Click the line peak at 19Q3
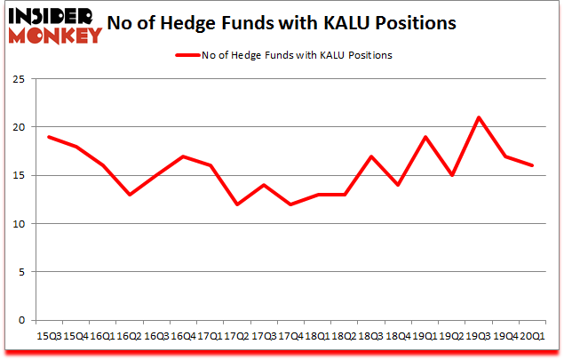[x=480, y=117]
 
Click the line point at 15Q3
[x=48, y=137]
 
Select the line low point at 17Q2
[x=235, y=204]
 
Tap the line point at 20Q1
[x=532, y=165]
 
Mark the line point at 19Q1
[x=425, y=137]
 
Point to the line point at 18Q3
[x=371, y=156]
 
